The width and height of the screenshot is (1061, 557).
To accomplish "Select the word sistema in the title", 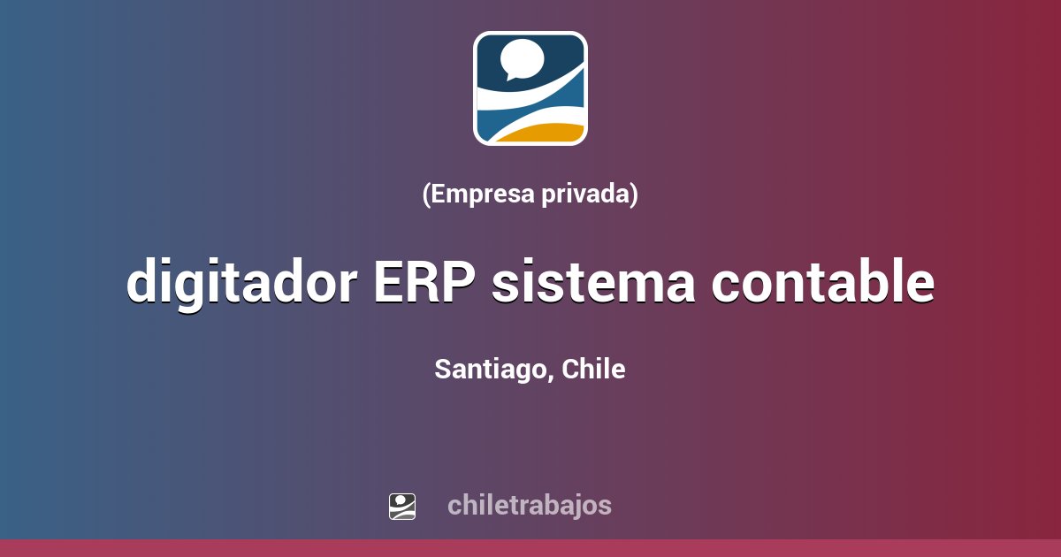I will pyautogui.click(x=591, y=283).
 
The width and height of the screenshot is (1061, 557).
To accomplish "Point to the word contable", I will pyautogui.click(x=823, y=283).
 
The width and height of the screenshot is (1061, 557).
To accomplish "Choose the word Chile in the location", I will pyautogui.click(x=593, y=369).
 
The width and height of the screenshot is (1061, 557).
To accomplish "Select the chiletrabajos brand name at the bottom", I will pyautogui.click(x=529, y=506).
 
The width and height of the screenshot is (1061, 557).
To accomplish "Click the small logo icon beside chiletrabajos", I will pyautogui.click(x=402, y=506).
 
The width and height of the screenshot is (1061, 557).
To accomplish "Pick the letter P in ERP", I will pyautogui.click(x=459, y=283).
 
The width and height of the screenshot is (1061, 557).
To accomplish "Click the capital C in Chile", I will pyautogui.click(x=570, y=370).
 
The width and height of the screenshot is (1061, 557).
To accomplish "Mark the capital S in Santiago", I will pyautogui.click(x=442, y=370).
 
